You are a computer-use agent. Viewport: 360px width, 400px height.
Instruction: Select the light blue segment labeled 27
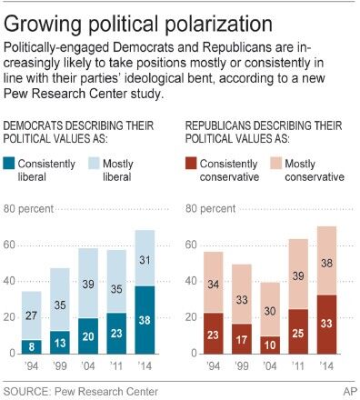(32, 315)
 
